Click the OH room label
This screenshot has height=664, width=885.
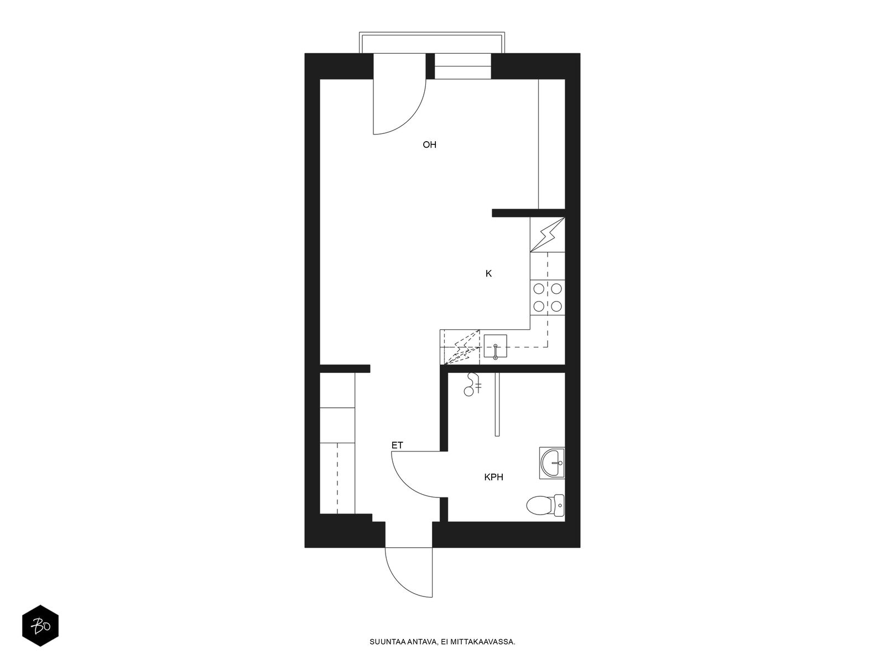click(x=429, y=145)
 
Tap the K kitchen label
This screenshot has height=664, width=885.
click(x=488, y=274)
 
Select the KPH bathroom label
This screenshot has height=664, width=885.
click(x=493, y=478)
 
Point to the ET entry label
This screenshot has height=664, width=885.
click(x=397, y=445)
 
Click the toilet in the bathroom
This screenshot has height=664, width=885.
click(x=545, y=506)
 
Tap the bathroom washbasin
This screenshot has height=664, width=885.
click(x=552, y=463)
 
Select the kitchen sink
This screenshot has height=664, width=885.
click(x=496, y=346)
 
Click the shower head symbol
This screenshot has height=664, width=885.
click(x=472, y=385)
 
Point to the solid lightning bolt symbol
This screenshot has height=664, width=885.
click(x=548, y=235)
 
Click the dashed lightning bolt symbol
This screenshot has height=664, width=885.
click(x=462, y=347)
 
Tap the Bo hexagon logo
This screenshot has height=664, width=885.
click(x=40, y=626)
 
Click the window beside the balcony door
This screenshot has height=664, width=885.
click(x=463, y=66)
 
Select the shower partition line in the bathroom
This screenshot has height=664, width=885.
click(x=497, y=404)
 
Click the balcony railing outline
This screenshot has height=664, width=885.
click(x=432, y=34)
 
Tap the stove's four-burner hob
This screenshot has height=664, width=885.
click(x=548, y=298)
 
